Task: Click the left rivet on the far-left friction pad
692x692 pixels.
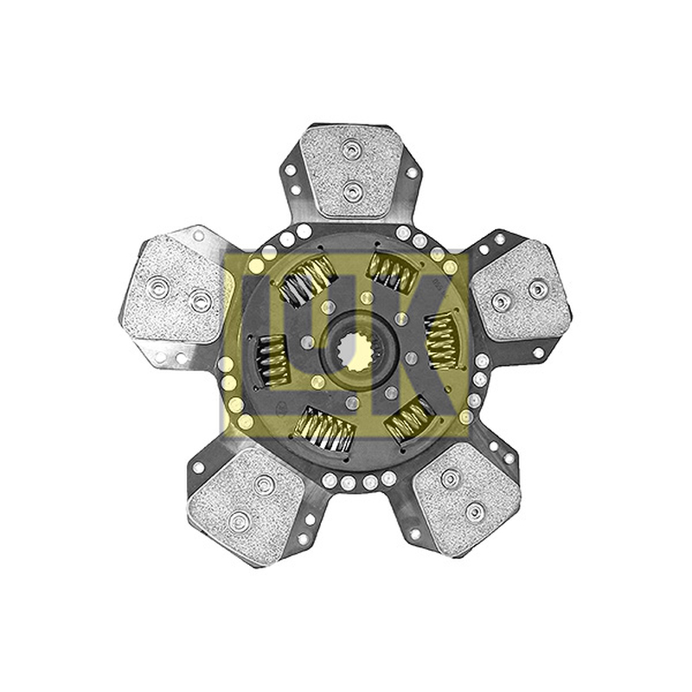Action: point(159,286)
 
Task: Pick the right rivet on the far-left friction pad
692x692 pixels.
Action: point(199,301)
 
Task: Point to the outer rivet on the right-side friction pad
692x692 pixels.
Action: point(538,290)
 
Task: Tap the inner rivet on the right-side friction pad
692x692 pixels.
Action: point(501,302)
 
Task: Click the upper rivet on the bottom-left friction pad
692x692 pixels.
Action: point(265,484)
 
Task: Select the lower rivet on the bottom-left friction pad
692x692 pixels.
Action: point(240,522)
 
